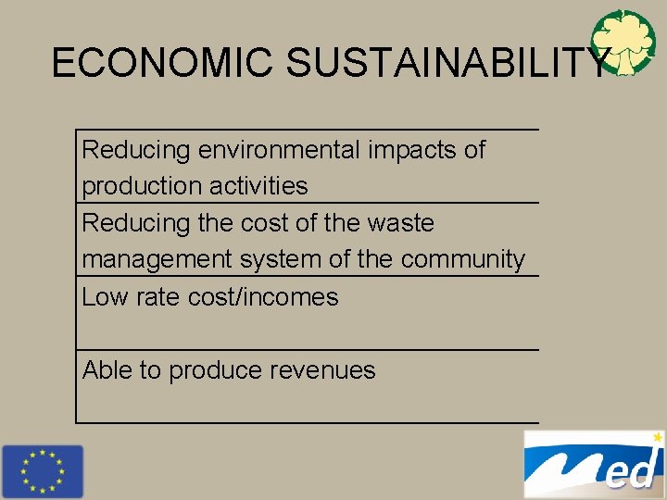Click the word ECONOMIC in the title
click(x=163, y=62)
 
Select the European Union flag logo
click(x=42, y=471)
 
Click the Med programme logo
click(x=593, y=465)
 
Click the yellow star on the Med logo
click(x=657, y=435)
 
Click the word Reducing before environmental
click(x=136, y=150)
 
